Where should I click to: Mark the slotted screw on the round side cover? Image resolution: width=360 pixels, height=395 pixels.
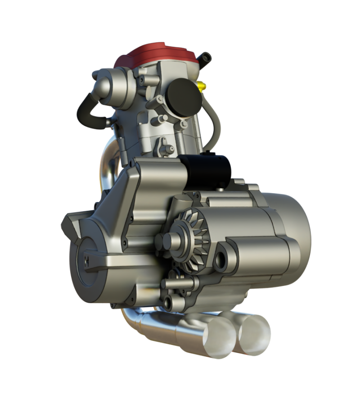tap(86, 260)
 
